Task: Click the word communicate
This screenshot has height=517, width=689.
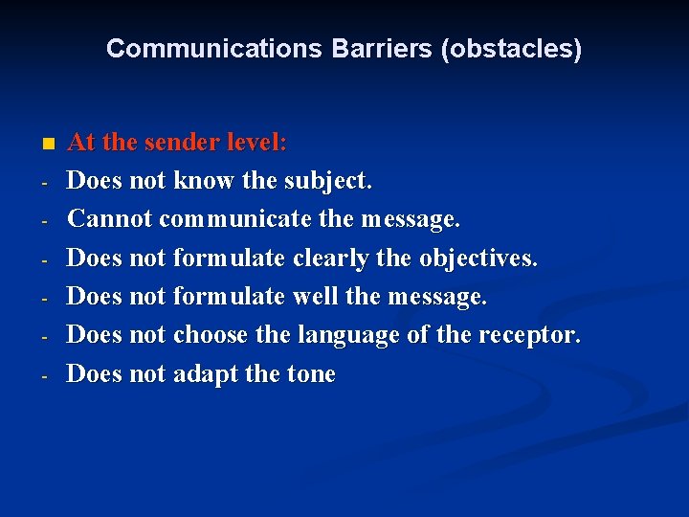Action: pyautogui.click(x=235, y=219)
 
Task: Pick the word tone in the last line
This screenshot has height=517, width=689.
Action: pyautogui.click(x=311, y=374)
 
